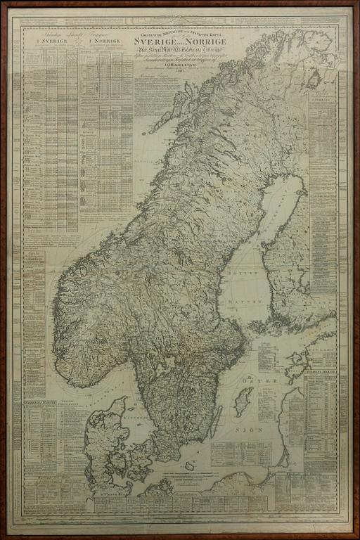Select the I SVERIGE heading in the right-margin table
point(325,99)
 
